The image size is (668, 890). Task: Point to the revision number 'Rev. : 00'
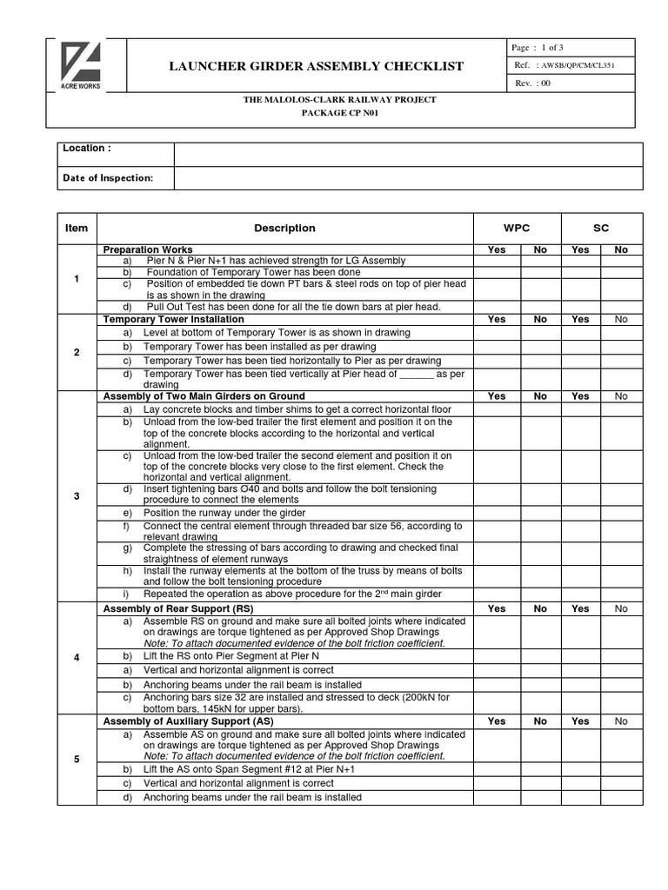pos(533,83)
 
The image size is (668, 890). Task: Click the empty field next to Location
pos(408,155)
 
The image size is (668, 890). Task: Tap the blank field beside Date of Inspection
pos(408,178)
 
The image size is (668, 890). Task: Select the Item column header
pos(77,229)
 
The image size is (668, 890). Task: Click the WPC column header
pos(517,229)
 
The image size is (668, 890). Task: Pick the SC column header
pos(601,229)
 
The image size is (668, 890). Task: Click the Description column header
pos(284,229)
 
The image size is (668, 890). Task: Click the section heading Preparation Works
pos(148,249)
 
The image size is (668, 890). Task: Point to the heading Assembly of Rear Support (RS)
pos(178,609)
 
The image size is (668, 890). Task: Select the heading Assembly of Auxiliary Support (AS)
pos(188,721)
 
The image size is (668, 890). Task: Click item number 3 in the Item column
pos(77,496)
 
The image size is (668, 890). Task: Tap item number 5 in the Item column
pos(77,759)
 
